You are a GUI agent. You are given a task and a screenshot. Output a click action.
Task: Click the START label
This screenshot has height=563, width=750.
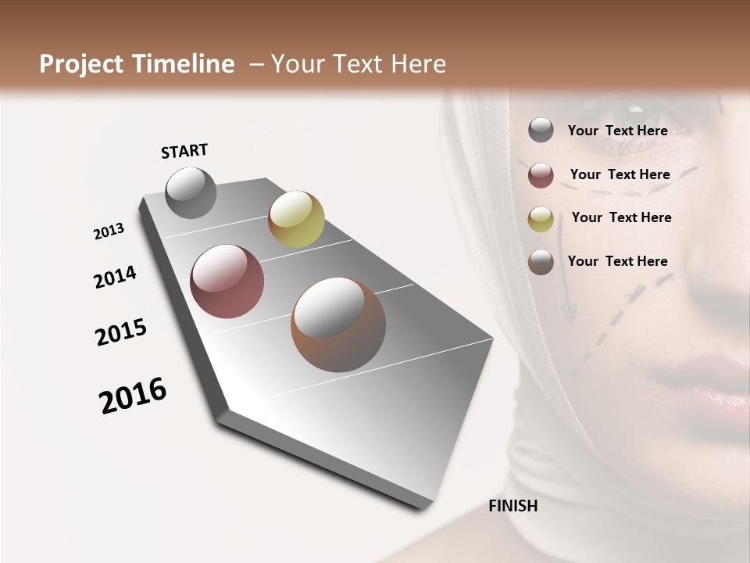coord(184,151)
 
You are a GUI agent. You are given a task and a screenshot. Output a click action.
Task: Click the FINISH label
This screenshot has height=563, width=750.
coord(513,506)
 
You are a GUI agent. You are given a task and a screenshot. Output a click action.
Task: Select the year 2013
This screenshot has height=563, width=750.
coord(109,231)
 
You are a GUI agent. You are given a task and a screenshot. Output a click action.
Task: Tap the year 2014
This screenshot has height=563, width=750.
coord(116,278)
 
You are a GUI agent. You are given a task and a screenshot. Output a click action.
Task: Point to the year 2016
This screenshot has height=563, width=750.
coord(133,396)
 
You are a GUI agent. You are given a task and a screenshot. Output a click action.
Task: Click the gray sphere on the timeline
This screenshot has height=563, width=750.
coord(191,192)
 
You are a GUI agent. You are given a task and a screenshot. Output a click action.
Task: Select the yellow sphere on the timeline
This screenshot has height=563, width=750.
coord(296,219)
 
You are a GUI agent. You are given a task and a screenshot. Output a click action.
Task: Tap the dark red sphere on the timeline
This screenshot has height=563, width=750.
coord(227,281)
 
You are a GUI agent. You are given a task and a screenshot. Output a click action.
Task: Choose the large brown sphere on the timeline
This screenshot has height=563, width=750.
coord(338,325)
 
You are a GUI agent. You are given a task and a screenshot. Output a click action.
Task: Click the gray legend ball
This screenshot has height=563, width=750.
coord(541,131)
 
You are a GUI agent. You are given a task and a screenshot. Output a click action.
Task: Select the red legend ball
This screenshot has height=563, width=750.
coord(541,175)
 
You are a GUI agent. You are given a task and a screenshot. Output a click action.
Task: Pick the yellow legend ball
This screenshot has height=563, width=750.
coord(541,219)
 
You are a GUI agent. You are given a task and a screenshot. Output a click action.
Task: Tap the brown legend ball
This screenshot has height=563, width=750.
coord(541,262)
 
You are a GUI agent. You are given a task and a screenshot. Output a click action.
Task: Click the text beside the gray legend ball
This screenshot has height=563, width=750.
coord(617,131)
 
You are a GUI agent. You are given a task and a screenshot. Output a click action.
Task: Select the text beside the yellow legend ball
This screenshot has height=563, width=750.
coord(621,217)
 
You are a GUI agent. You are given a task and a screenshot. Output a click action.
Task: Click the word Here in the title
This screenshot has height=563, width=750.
coord(418,64)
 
